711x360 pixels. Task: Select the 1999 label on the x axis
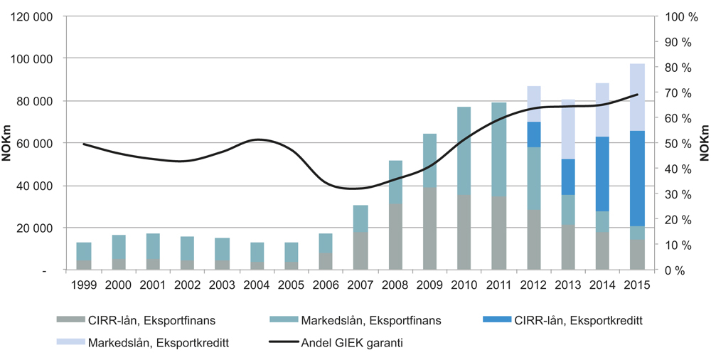(84, 285)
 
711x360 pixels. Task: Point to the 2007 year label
(360, 285)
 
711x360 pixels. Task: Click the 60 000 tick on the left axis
(36, 143)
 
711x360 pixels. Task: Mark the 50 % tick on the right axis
(678, 143)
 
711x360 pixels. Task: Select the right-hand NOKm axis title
(705, 143)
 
